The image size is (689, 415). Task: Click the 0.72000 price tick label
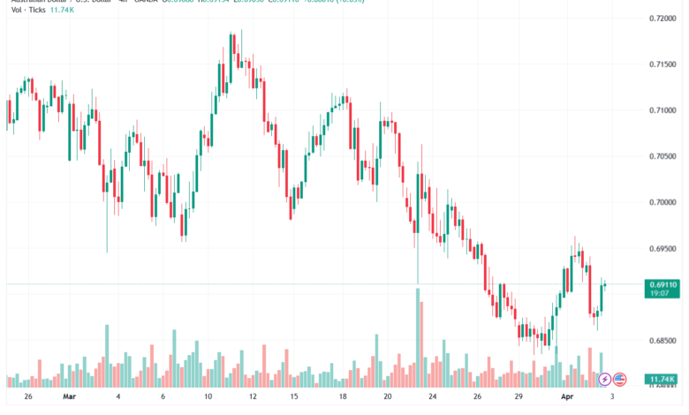(662, 18)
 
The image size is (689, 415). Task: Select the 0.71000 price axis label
(662, 109)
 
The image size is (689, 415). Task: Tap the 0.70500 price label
(662, 156)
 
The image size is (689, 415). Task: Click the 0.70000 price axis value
(662, 202)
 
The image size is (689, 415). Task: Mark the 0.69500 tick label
(662, 248)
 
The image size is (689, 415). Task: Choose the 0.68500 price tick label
(662, 340)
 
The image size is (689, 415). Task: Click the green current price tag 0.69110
(662, 284)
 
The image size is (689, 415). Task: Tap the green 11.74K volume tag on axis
(662, 378)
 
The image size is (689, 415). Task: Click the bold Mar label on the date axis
(69, 397)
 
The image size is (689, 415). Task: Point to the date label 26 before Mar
(28, 397)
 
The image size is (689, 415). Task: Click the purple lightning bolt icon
(604, 379)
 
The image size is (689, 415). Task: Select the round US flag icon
(619, 379)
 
